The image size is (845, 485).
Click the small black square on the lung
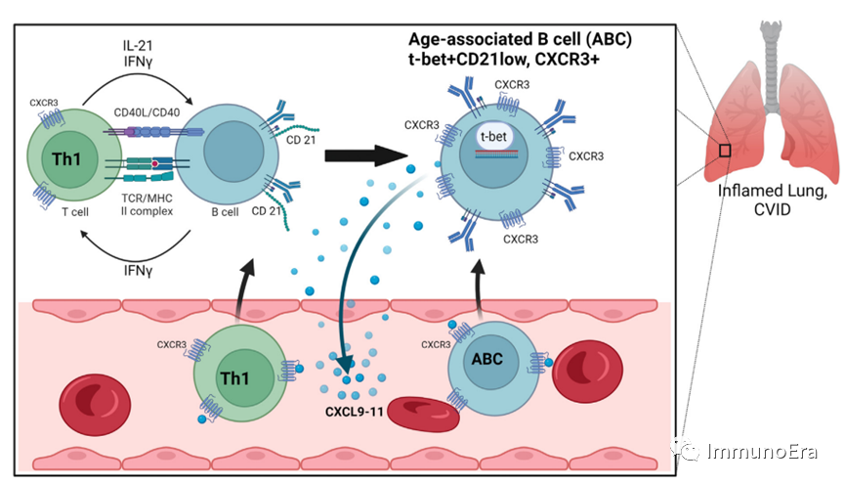724,150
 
